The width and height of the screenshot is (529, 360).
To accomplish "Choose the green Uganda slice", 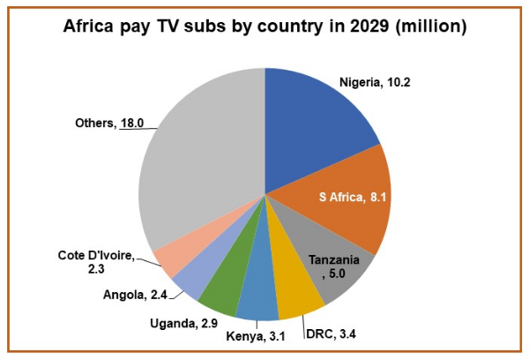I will click(222, 291).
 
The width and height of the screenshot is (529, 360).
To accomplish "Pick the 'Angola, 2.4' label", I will click(137, 294).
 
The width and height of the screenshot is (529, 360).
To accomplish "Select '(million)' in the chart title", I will click(428, 26).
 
